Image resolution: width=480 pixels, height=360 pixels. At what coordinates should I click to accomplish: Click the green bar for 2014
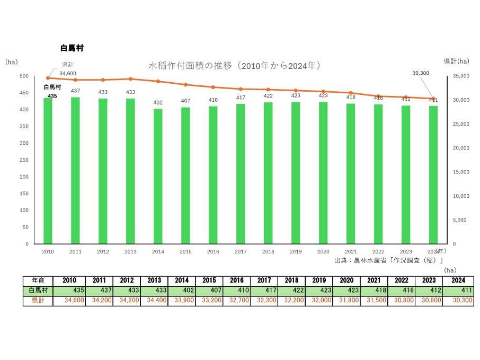tap(158, 176)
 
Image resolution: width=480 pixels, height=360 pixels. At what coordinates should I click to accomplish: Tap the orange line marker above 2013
tap(130, 79)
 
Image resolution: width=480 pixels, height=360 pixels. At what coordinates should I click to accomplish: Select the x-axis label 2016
tap(213, 252)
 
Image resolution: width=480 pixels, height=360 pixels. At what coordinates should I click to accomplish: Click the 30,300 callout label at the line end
tap(421, 73)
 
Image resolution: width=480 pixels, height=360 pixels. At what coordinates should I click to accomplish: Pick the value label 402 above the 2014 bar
tap(158, 103)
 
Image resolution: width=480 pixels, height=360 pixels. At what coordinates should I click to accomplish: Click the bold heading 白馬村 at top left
tap(73, 48)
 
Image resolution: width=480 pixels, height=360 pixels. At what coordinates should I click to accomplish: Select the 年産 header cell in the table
tap(38, 280)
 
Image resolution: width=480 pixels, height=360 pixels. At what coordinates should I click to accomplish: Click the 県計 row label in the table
tap(38, 301)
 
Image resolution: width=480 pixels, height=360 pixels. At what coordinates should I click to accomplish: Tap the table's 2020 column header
tap(346, 280)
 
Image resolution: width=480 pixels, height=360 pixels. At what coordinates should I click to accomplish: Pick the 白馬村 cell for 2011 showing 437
tap(99, 291)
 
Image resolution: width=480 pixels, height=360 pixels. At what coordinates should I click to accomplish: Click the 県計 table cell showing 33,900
tap(181, 301)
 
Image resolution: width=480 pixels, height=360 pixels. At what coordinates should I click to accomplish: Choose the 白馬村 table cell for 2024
tap(457, 291)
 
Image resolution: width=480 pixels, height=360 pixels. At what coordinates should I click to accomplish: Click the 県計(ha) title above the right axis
tap(456, 62)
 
